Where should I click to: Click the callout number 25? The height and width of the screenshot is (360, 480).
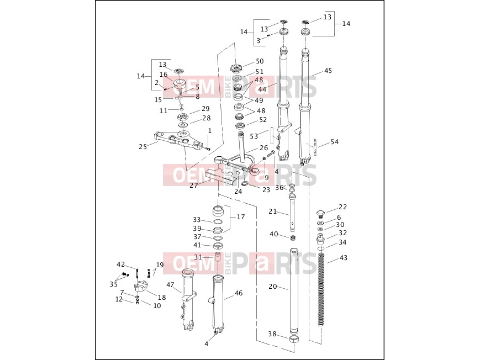click(x=143, y=147)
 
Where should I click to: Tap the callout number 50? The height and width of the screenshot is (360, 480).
click(x=260, y=61)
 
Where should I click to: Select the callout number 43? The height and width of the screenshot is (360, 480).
click(x=344, y=258)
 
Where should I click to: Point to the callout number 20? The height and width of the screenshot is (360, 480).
click(x=272, y=287)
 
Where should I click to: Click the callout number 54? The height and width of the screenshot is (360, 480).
click(x=335, y=142)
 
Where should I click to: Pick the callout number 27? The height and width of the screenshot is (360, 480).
click(x=193, y=185)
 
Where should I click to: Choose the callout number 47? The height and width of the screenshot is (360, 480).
click(x=170, y=285)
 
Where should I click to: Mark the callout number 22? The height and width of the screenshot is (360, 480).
click(x=343, y=207)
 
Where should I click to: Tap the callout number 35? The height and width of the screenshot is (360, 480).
click(x=114, y=284)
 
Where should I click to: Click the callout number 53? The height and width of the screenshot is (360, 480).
click(x=254, y=136)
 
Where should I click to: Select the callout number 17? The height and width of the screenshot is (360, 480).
click(x=241, y=217)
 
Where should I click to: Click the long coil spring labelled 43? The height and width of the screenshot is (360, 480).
click(x=321, y=289)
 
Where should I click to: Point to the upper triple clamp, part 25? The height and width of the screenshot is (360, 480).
click(x=179, y=140)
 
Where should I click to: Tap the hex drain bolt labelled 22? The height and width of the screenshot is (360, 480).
click(x=320, y=213)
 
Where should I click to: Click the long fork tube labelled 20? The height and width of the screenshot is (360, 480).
click(x=294, y=291)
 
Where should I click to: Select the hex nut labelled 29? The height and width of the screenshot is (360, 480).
click(x=182, y=117)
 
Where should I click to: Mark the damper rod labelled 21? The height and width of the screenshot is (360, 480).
click(x=292, y=213)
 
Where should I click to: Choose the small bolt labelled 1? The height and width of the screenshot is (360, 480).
click(x=208, y=149)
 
